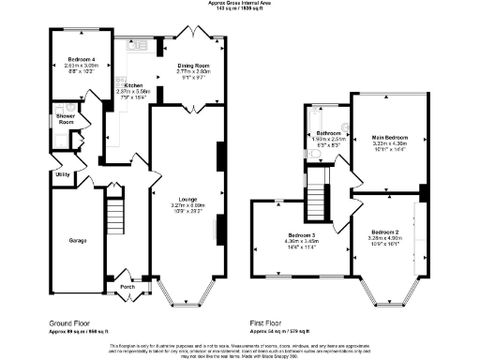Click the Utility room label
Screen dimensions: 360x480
[63, 174]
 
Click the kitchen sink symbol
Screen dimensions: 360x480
[140, 45]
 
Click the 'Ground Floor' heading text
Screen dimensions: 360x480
[74, 322]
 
